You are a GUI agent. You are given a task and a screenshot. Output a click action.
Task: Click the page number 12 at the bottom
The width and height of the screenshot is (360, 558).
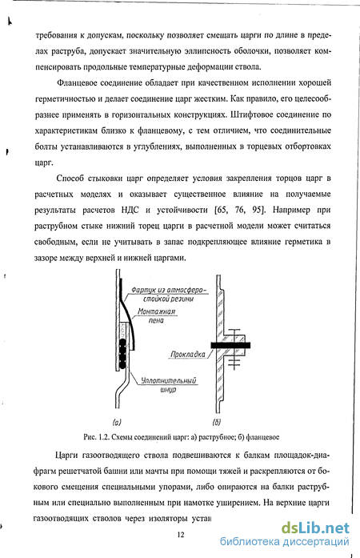point(180,534)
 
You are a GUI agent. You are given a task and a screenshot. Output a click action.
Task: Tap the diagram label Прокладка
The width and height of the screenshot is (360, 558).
point(188,354)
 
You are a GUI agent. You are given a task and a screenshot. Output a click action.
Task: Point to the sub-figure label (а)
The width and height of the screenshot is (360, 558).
point(117,423)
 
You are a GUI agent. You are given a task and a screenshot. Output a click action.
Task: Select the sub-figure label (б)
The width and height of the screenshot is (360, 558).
point(216,423)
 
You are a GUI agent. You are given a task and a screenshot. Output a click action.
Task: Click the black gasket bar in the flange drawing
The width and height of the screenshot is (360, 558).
point(230,345)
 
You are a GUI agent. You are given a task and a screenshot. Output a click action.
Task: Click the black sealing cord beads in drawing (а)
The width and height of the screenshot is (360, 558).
point(122,353)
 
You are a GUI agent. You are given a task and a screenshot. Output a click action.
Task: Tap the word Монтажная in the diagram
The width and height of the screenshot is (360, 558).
point(157,311)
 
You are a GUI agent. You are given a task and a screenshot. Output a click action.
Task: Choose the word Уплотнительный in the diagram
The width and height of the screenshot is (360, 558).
point(168,381)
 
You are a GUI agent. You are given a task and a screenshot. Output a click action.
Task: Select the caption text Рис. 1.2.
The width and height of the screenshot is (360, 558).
point(96,437)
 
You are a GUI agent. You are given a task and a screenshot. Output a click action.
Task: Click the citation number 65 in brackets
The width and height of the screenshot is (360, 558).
point(222,210)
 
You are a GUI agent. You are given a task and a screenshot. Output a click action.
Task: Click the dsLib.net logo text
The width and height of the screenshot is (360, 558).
point(315,528)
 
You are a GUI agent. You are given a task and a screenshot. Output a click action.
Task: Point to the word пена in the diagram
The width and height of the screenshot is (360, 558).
point(156,321)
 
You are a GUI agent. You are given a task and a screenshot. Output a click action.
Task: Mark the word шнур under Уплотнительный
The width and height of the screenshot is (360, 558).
point(168,390)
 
